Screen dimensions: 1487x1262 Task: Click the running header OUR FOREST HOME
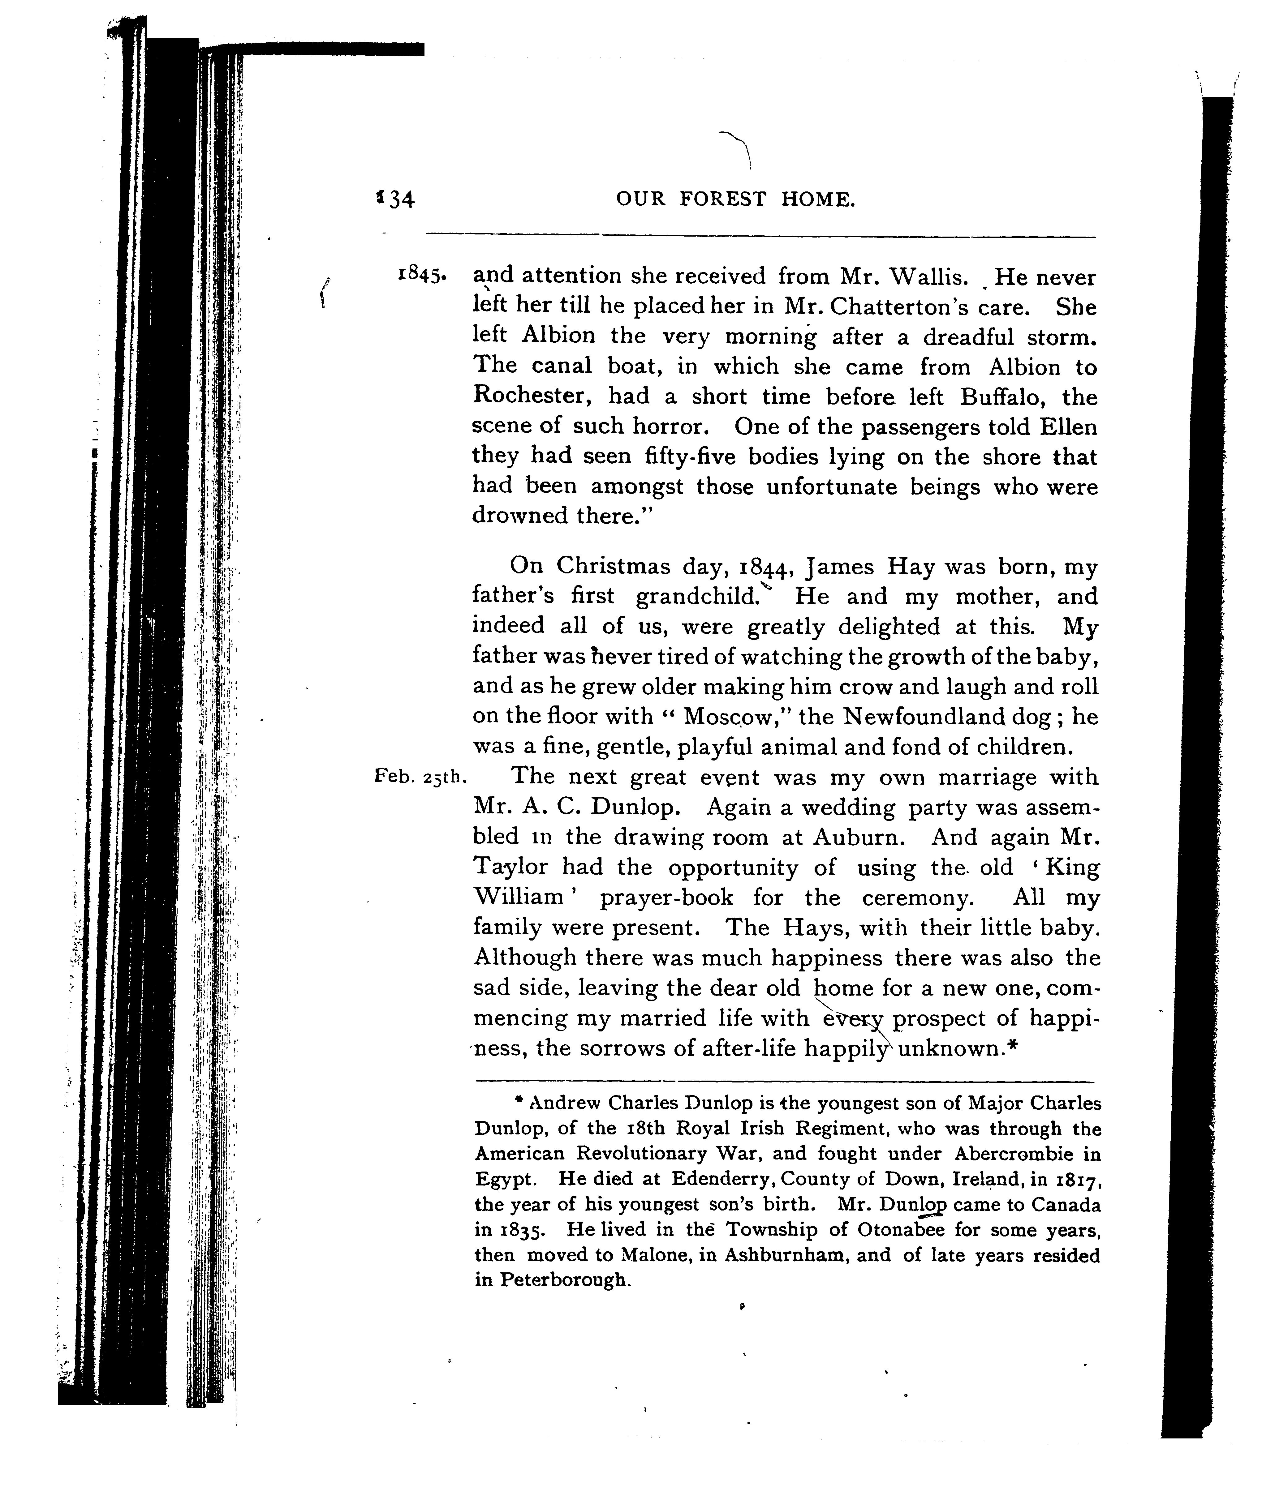[735, 199]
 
